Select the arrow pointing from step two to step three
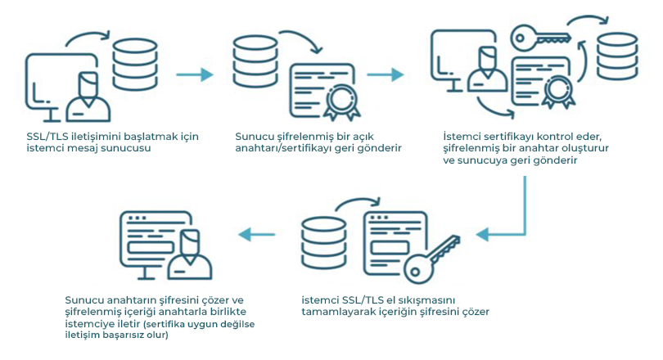[386, 74]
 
